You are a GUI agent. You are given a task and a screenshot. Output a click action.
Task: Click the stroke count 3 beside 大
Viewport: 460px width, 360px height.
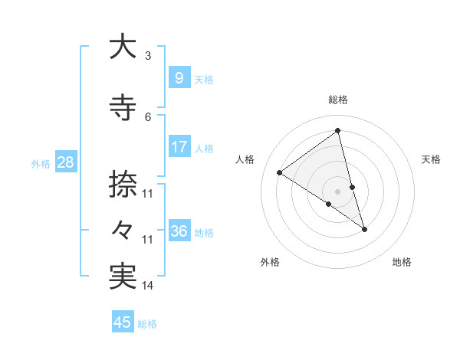[148, 56]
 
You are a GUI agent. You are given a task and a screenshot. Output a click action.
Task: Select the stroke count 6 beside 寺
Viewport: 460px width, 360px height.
[148, 117]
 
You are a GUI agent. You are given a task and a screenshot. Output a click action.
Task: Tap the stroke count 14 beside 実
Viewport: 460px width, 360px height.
[148, 286]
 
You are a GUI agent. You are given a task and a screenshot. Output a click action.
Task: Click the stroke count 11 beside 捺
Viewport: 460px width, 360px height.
[148, 194]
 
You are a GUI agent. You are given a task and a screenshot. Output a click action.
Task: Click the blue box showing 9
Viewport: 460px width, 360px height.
[179, 77]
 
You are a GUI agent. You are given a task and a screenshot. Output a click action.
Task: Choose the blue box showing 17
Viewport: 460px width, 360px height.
[179, 146]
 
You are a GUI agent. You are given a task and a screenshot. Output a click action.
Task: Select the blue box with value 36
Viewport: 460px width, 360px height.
[179, 231]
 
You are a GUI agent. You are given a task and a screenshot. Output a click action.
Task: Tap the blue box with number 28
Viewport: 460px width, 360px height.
[64, 162]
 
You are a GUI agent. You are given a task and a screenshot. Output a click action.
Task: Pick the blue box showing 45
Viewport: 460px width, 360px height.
[123, 322]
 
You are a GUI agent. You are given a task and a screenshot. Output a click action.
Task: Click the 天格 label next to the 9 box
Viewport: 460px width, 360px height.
[204, 79]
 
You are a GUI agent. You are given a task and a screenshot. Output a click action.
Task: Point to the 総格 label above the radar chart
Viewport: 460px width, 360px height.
[338, 100]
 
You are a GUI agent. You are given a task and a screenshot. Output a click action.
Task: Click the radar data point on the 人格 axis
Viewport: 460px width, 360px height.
[280, 172]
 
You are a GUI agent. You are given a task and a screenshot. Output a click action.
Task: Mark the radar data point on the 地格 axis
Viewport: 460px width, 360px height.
[364, 229]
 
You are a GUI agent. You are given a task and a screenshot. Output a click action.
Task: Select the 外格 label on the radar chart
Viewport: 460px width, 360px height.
[270, 263]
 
